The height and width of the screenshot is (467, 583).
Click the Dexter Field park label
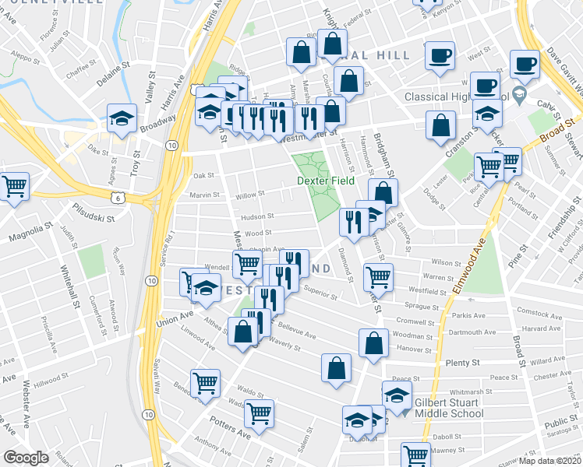pos(326,181)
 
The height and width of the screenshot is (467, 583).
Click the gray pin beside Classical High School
pos(525,98)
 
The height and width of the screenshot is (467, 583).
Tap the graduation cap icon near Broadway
pos(122,118)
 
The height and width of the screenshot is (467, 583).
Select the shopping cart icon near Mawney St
pos(415,454)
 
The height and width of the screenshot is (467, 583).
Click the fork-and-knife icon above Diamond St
pos(354,221)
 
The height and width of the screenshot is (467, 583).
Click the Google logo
pos(26,458)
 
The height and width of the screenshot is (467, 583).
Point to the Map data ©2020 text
pos(549,460)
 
